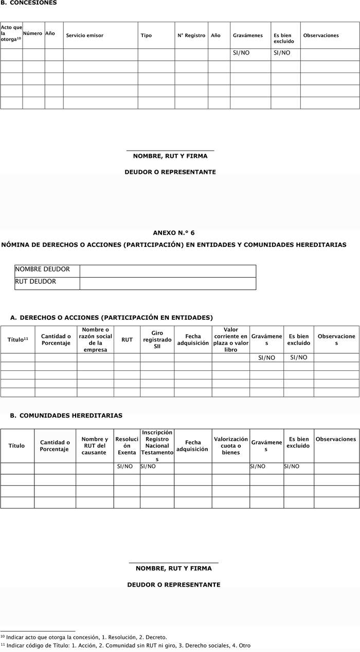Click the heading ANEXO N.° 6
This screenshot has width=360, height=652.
click(174, 233)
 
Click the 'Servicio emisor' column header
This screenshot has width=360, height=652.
click(84, 35)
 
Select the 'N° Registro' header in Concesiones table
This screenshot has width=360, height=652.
click(191, 35)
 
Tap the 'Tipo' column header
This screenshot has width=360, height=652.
click(146, 35)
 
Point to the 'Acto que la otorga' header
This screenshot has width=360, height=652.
click(11, 33)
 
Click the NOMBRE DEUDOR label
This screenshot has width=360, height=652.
click(42, 269)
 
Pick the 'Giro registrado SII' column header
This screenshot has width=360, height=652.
click(157, 340)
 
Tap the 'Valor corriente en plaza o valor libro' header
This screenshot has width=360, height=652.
click(231, 340)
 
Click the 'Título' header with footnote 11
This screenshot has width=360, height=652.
click(17, 340)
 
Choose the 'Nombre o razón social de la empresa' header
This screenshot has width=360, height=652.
click(95, 340)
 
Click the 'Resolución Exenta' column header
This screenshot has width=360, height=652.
click(127, 446)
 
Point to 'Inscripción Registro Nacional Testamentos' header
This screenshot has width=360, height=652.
click(157, 446)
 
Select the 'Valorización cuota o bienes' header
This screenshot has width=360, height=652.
click(231, 446)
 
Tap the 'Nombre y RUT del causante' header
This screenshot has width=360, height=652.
click(95, 446)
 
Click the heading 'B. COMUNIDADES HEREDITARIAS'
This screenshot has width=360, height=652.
click(66, 415)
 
